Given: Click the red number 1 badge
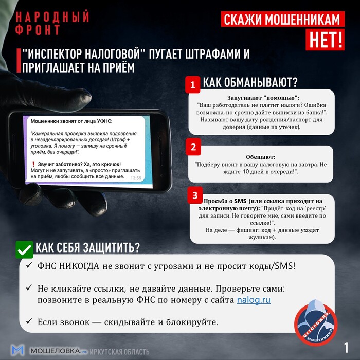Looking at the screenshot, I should click(x=193, y=85).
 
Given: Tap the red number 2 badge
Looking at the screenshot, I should click(x=193, y=147).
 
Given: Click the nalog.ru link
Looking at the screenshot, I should click(x=254, y=300).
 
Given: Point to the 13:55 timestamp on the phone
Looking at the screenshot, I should click(x=136, y=178).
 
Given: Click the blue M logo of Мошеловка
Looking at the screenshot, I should click(x=18, y=351).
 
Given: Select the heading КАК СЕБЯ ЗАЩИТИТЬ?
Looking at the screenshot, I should click(x=87, y=247).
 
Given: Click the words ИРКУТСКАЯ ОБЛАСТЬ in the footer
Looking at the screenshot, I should click(x=119, y=352).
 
